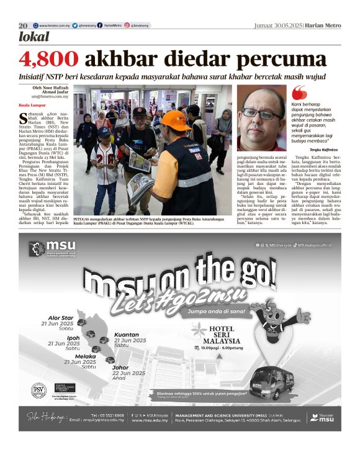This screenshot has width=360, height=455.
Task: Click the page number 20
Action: pyautogui.click(x=23, y=25)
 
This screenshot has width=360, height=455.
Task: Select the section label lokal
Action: pyautogui.click(x=35, y=37)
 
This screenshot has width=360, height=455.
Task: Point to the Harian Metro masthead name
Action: pyautogui.click(x=325, y=25)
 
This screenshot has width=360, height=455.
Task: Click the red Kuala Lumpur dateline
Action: pyautogui.click(x=30, y=106)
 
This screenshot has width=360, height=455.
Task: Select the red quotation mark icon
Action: pyautogui.click(x=300, y=91)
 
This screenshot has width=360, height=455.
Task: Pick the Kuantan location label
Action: pyautogui.click(x=127, y=335)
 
